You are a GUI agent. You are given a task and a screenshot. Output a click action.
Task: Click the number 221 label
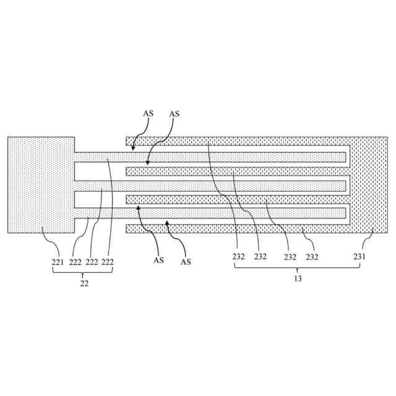coord(58,262)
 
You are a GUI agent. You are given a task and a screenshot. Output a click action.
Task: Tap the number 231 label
coord(359,257)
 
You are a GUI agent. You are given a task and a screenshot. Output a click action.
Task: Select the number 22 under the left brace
coord(84,283)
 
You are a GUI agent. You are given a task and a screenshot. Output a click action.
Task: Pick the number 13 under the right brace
coord(298,279)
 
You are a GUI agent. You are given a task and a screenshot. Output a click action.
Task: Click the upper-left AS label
coord(148,113)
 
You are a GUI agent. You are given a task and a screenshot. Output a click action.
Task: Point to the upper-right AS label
coord(174,113)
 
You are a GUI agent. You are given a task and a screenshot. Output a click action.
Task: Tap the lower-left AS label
coord(158,260)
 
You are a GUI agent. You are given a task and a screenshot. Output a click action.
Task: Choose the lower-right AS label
coord(186,262)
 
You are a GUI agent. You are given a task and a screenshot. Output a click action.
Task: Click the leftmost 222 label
coord(75,262)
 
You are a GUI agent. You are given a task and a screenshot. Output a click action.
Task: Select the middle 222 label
coord(92,262)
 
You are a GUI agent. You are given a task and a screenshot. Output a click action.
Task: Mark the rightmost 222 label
coord(108,262)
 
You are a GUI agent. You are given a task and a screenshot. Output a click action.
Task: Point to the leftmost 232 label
coord(239,257)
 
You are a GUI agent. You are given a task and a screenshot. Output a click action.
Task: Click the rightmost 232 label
coord(311,257)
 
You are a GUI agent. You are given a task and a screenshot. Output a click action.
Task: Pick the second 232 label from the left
coord(260,257)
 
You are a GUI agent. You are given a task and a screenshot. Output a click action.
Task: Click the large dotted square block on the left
coord(40,184)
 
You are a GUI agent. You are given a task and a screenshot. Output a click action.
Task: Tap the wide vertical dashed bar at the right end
coord(369,184)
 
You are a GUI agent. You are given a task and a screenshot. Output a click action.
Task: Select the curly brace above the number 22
coord(84,273)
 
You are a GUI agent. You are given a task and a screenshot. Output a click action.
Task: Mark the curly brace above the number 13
coord(297,268)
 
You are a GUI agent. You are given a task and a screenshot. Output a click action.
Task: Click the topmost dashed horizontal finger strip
coord(235,141)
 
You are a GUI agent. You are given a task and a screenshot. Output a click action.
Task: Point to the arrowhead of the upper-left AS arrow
coord(133,149)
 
